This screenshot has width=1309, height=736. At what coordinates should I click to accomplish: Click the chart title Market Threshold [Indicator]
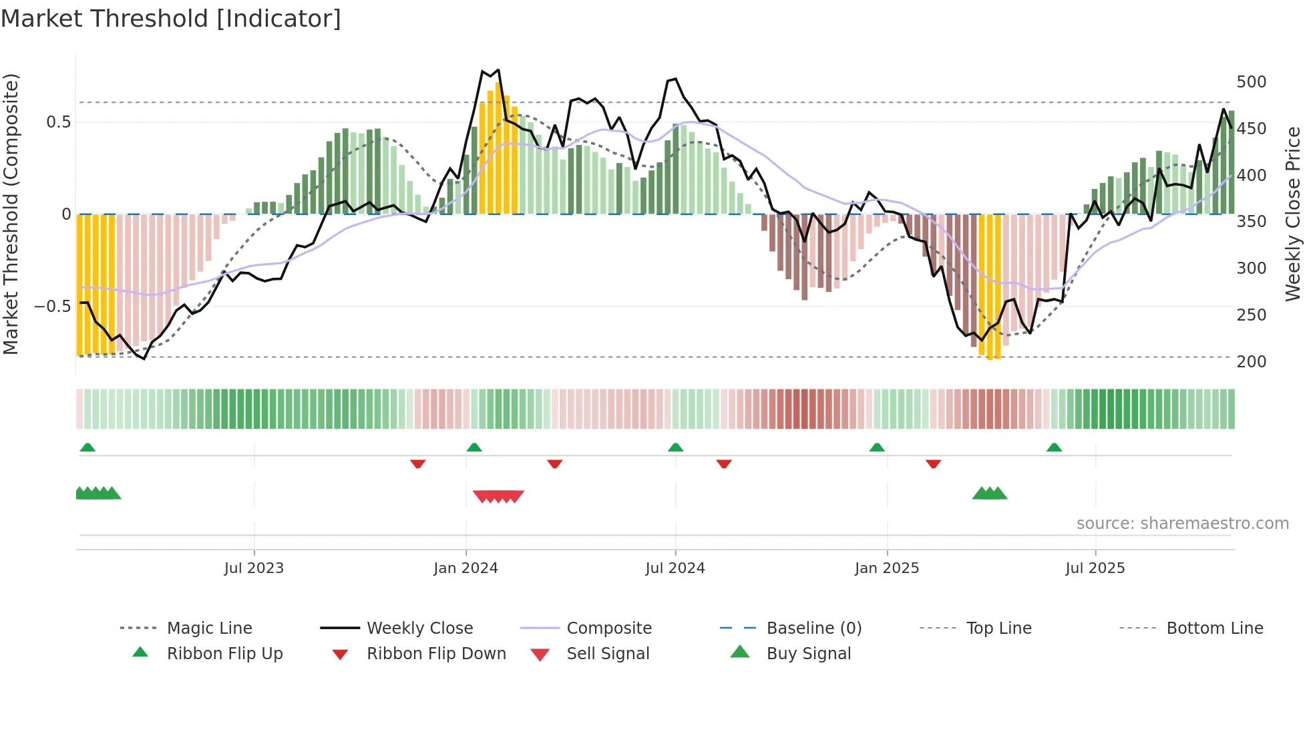click(171, 19)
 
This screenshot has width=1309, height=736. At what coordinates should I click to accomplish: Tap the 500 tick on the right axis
click(1251, 81)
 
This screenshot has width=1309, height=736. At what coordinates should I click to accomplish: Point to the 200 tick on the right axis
click(1251, 361)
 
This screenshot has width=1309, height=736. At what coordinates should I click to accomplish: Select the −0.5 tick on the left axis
click(52, 307)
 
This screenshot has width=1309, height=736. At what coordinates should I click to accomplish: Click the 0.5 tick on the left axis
click(58, 122)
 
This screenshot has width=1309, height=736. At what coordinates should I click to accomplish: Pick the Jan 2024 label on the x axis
click(465, 568)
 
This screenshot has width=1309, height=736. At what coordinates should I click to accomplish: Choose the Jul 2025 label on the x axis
click(1095, 568)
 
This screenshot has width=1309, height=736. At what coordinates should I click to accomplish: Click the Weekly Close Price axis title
click(1293, 214)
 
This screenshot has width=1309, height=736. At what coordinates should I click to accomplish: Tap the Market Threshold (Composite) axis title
click(11, 214)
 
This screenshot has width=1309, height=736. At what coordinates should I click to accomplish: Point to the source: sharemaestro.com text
click(1182, 524)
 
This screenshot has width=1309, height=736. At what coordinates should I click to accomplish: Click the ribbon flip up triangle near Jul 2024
click(675, 447)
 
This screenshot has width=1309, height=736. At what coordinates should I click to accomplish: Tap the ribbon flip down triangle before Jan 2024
click(418, 464)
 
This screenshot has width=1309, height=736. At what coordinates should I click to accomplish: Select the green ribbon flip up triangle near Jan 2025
click(877, 447)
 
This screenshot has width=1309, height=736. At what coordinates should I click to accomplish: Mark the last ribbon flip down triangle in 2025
click(933, 464)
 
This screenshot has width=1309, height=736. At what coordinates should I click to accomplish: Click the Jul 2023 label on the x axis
click(254, 568)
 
